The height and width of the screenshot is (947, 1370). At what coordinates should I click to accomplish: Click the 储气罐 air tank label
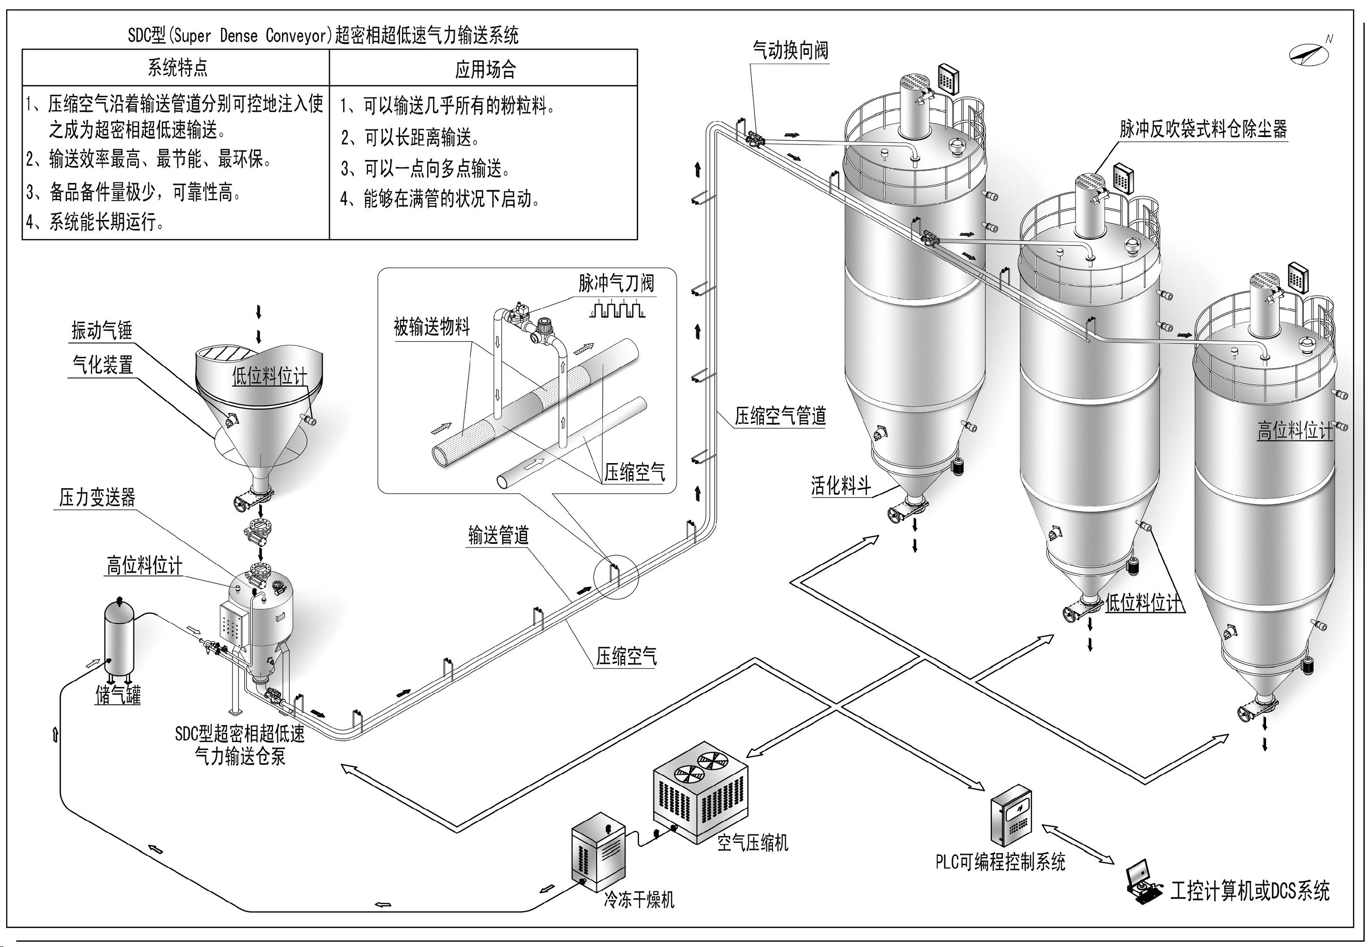point(118,695)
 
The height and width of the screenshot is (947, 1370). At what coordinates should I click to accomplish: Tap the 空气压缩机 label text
point(752,843)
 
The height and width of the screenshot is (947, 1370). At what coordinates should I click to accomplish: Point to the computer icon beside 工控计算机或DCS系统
point(1141,885)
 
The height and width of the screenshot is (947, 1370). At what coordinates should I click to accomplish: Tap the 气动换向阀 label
point(790,51)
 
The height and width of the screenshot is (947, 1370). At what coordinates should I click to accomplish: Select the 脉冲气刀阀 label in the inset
point(616,283)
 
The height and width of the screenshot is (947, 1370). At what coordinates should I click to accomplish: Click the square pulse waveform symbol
point(617,310)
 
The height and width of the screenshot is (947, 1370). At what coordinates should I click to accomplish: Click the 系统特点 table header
point(178,68)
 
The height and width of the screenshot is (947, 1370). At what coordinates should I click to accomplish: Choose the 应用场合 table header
point(485,69)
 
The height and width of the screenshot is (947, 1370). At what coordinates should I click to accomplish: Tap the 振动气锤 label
point(102,330)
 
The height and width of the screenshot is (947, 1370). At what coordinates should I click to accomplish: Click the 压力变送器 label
point(97,497)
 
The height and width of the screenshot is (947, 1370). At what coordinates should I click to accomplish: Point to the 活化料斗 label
point(840,486)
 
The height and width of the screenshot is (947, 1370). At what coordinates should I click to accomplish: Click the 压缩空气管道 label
point(780,416)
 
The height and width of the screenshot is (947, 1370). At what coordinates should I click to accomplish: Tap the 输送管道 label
point(498,535)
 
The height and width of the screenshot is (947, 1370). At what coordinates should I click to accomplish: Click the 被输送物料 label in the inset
point(431,326)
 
